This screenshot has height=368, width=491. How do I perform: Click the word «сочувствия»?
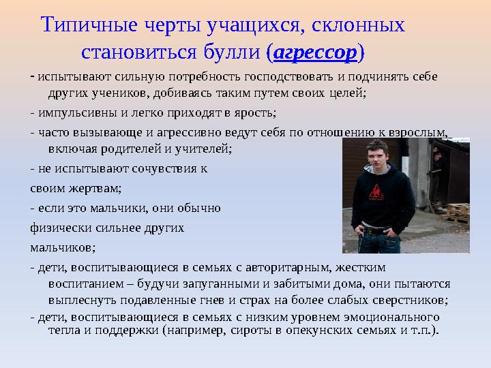pos(161,168)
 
